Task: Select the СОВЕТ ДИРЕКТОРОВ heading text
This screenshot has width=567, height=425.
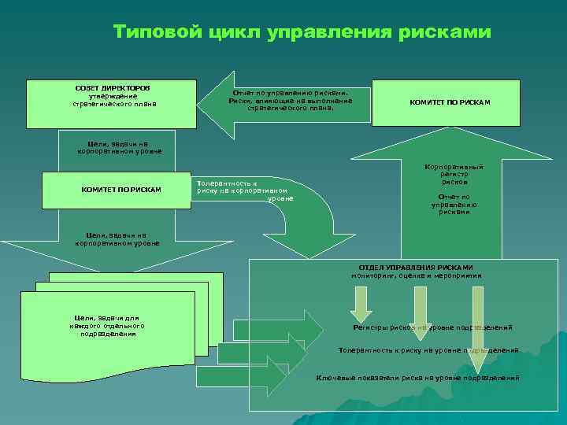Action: pyautogui.click(x=113, y=87)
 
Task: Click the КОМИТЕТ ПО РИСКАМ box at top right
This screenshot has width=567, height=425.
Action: pyautogui.click(x=450, y=102)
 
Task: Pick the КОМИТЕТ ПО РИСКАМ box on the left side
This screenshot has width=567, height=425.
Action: pyautogui.click(x=121, y=190)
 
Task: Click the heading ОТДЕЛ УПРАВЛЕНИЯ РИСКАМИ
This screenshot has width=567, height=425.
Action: pyautogui.click(x=416, y=268)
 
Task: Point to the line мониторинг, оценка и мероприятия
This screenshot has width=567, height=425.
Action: pyautogui.click(x=416, y=276)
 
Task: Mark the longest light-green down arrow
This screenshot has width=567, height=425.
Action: pyautogui.click(x=476, y=327)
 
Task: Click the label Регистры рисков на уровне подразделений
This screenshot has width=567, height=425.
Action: pyautogui.click(x=432, y=327)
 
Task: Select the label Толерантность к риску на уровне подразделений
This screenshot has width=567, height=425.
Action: pyautogui.click(x=428, y=349)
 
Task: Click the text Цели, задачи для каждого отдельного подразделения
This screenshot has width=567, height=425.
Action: pyautogui.click(x=108, y=326)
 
